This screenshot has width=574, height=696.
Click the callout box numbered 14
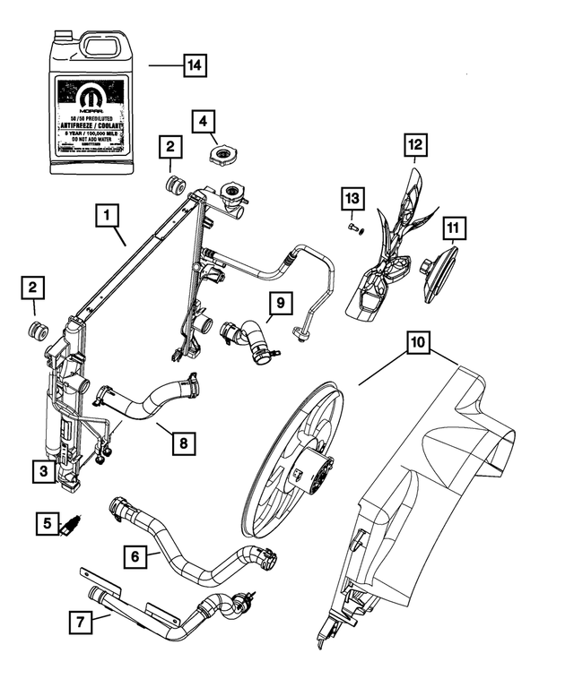pos(194,65)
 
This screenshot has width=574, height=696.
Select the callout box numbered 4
pos(204,119)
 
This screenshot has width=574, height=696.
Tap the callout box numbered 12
pos(415,143)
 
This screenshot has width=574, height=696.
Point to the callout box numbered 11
pos(455,228)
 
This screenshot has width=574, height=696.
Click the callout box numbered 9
pos(281,304)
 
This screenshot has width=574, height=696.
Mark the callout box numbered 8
pos(183,442)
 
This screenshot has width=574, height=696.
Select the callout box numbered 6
pos(135,556)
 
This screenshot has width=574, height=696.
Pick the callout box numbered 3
pos(41,469)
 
